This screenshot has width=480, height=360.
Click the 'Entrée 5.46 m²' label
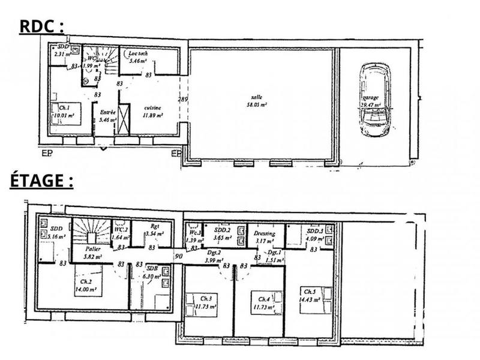click(x=107, y=116)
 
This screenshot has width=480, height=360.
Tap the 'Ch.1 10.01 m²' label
click(x=62, y=112)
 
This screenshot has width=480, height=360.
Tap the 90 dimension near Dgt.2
click(x=179, y=257)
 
